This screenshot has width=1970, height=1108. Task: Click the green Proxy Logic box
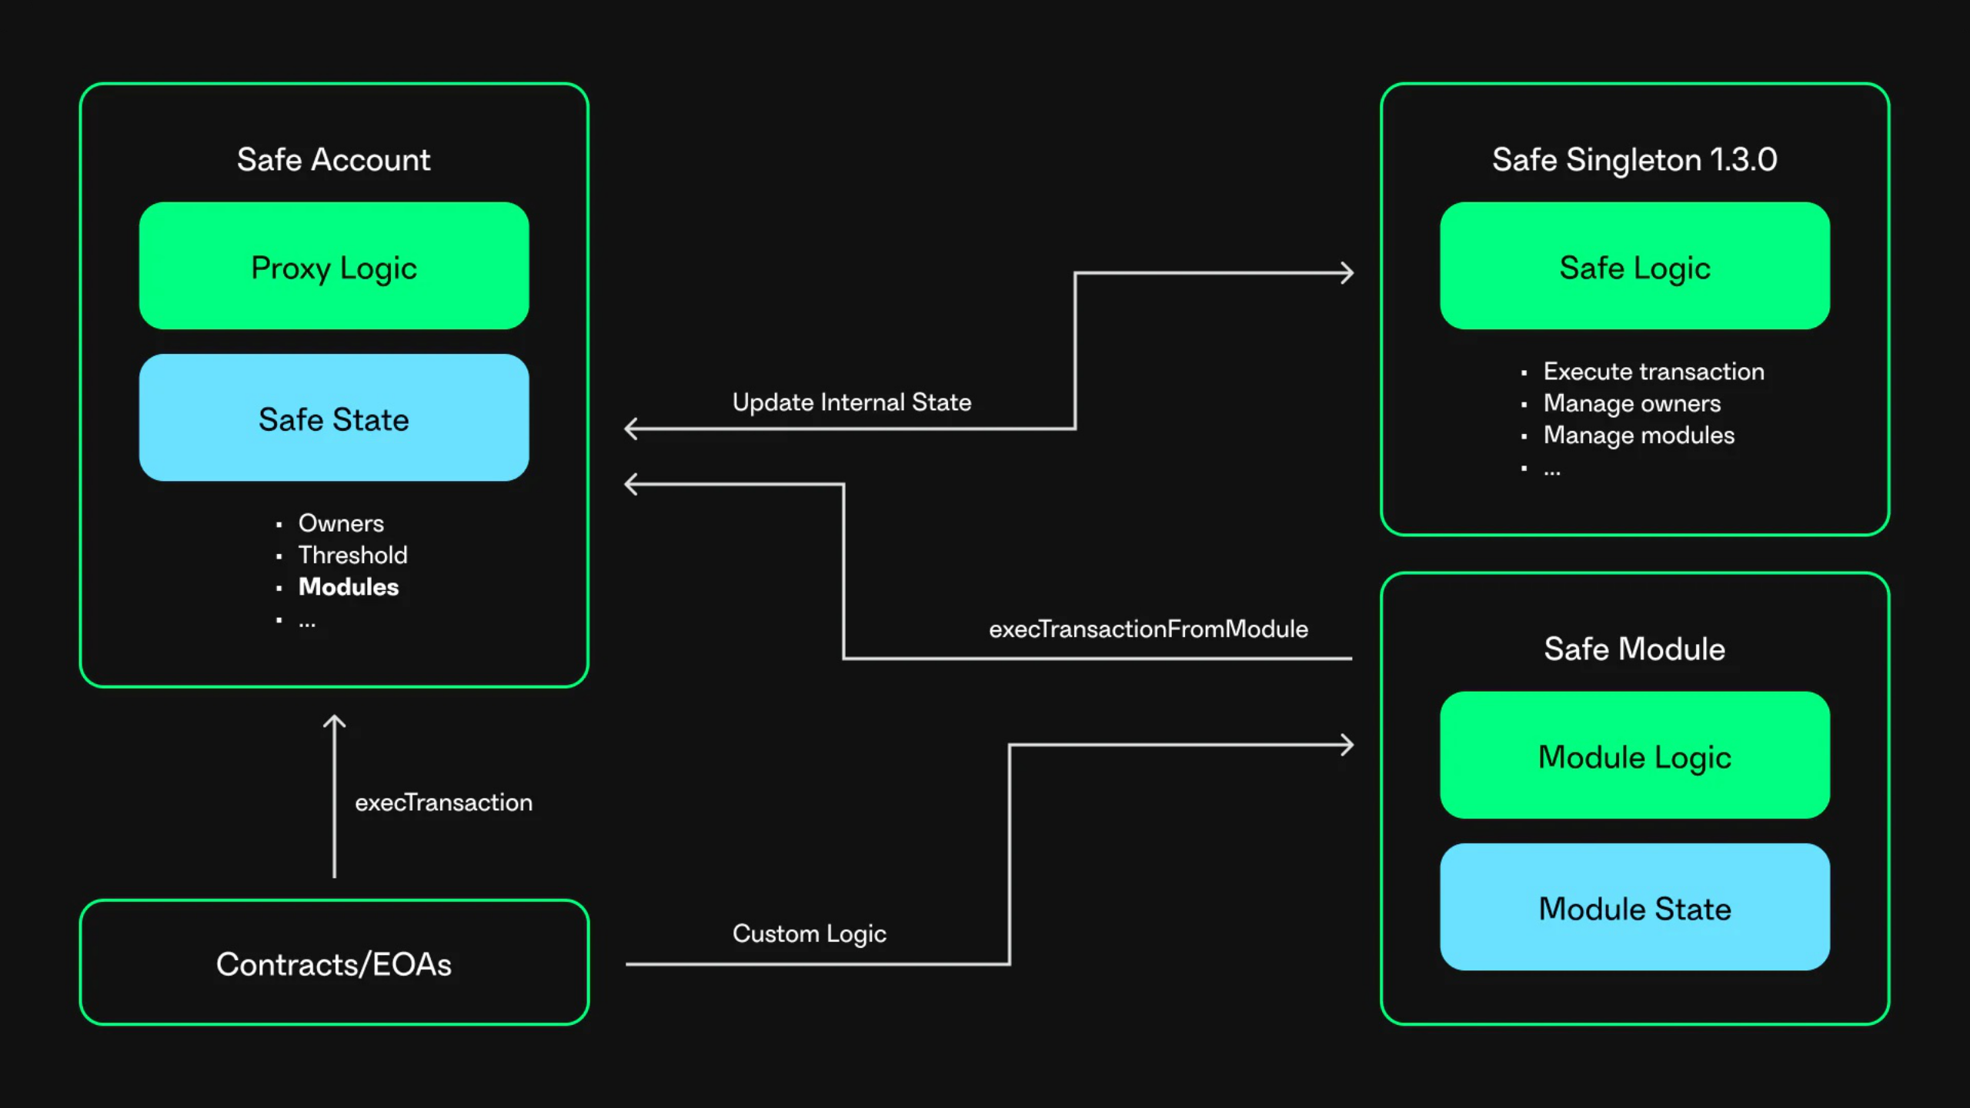(x=333, y=266)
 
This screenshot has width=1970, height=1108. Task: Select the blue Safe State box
(x=333, y=418)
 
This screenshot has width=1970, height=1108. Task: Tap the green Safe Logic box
(x=1634, y=266)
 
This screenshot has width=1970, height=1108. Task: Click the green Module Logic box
(x=1634, y=756)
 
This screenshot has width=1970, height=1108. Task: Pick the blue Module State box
(x=1634, y=907)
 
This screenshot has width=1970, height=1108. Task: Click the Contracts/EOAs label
(x=333, y=963)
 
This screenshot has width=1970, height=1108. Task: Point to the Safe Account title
(x=333, y=159)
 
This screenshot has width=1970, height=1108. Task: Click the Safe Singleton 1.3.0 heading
(x=1634, y=159)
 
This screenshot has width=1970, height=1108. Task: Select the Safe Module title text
(x=1634, y=649)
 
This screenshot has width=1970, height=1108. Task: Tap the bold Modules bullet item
(x=348, y=587)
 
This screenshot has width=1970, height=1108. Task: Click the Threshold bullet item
(x=352, y=555)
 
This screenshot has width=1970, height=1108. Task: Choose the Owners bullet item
(x=341, y=523)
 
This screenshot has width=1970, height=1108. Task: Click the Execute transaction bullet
(x=1653, y=372)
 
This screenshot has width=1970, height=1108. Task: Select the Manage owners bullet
(x=1631, y=403)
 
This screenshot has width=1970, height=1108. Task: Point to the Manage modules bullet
(x=1638, y=436)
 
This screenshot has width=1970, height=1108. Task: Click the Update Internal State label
(x=851, y=402)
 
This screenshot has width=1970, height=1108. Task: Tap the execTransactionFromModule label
(x=1148, y=629)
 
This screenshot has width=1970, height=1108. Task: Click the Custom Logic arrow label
(x=809, y=933)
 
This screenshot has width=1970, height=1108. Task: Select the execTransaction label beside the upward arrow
(x=443, y=803)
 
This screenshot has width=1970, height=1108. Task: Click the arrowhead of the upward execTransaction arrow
(x=334, y=722)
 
